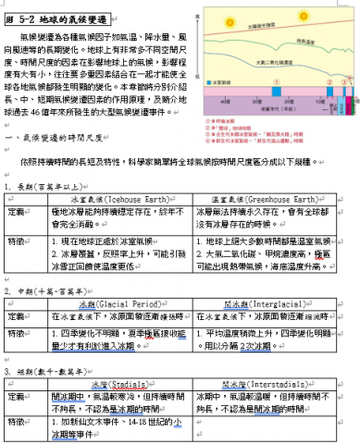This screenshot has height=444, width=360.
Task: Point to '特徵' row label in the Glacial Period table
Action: pyautogui.click(x=17, y=330)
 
